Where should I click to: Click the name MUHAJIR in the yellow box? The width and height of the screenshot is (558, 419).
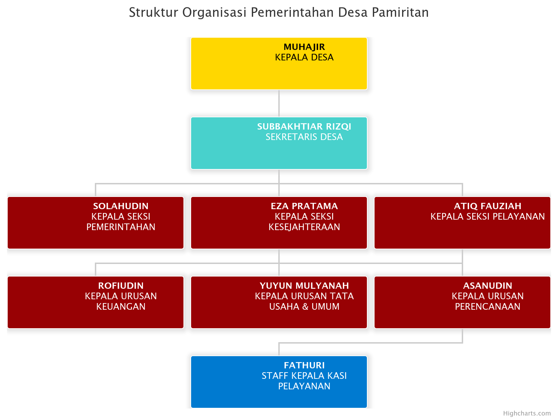click(304, 47)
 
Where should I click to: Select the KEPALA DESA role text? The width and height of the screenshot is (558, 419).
click(304, 57)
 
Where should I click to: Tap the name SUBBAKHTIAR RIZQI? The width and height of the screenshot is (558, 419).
click(304, 126)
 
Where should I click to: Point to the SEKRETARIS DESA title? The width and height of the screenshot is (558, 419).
click(304, 137)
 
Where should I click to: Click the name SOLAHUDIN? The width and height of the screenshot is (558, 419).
click(121, 206)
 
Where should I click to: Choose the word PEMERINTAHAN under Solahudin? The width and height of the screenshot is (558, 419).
click(121, 227)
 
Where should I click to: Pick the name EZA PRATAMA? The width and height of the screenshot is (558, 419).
click(304, 206)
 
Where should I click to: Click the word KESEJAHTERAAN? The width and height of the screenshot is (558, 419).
click(304, 227)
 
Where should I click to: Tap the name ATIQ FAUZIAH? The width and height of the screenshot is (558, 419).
click(488, 206)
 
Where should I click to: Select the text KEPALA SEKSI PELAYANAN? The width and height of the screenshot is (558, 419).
click(488, 216)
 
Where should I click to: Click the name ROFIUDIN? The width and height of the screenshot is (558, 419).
click(121, 286)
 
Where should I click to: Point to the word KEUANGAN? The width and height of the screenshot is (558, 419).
click(121, 307)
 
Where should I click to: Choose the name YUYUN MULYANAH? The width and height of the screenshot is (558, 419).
click(304, 286)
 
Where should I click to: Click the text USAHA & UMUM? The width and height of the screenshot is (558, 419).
click(304, 307)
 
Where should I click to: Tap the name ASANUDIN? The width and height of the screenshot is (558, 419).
click(488, 286)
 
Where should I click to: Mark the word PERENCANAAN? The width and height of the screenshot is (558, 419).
click(488, 307)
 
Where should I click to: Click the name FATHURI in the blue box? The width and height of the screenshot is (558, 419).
click(304, 365)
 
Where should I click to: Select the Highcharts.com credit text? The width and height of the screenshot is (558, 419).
click(527, 413)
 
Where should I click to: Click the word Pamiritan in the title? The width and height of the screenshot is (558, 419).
click(400, 12)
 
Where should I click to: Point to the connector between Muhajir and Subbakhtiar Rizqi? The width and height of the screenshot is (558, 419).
click(279, 103)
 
